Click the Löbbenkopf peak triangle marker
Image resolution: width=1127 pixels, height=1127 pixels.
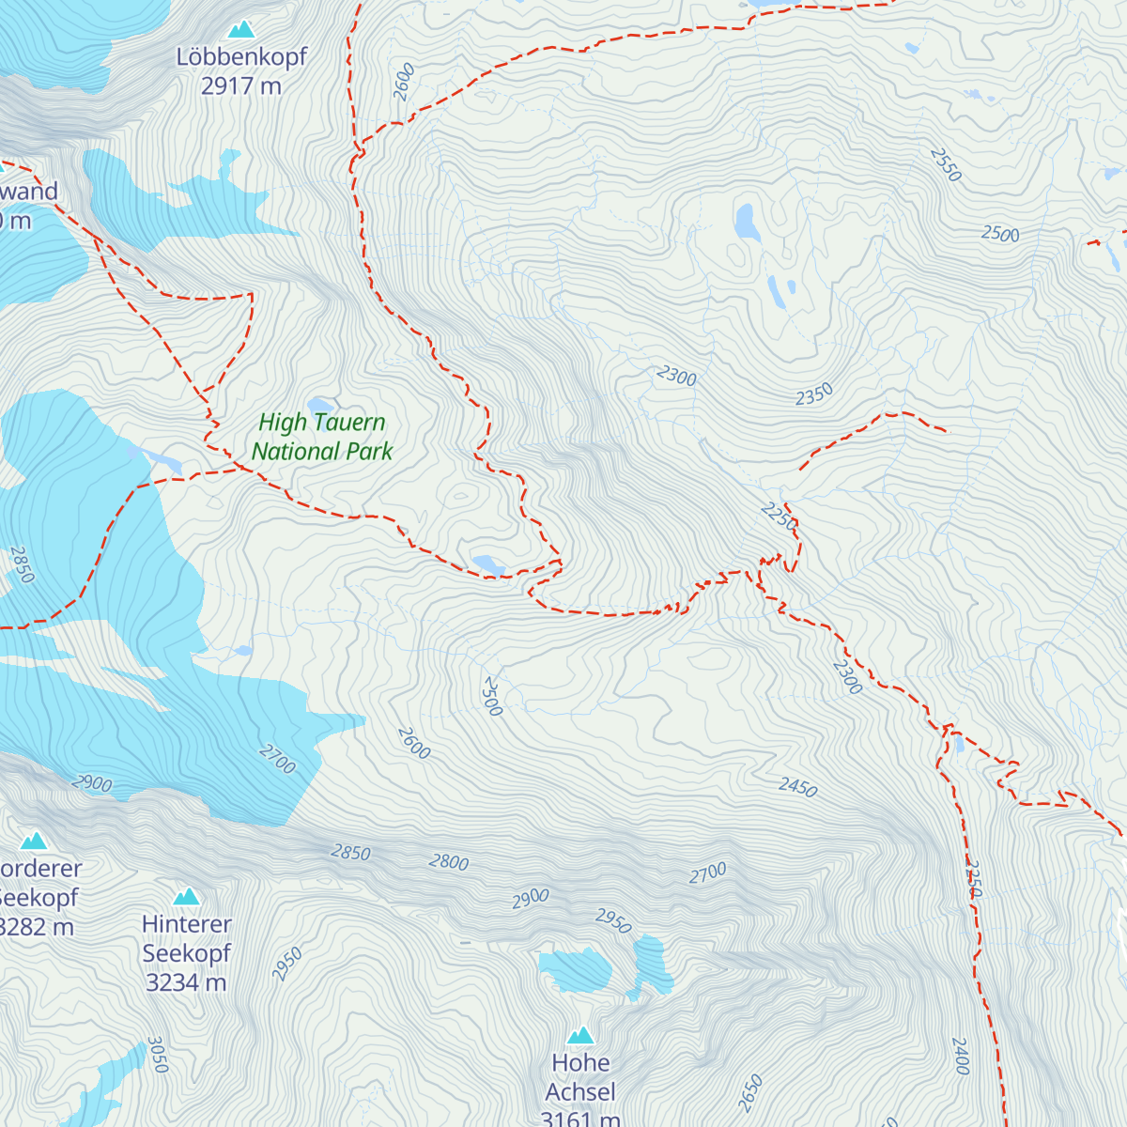241,30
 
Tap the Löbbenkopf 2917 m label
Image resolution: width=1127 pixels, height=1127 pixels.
241,71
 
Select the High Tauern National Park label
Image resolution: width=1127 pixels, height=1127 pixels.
322,437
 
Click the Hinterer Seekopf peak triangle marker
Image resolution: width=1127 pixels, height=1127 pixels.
186,897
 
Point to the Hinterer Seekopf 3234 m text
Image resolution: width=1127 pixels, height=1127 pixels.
186,953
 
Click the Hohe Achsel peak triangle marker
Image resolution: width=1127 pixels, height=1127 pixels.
580,1036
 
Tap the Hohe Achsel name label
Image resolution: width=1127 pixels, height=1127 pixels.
580,1077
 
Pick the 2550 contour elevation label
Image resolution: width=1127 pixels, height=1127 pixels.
946,165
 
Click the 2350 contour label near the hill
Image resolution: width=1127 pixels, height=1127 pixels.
814,394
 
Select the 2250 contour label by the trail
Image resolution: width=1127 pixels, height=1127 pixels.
779,516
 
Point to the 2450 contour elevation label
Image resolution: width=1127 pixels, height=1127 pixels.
797,787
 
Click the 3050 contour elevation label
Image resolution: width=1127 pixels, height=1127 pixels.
157,1055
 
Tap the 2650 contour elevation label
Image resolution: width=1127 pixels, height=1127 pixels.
749,1093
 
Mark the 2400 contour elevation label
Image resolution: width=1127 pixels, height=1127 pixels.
960,1056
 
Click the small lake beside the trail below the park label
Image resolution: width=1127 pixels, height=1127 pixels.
488,564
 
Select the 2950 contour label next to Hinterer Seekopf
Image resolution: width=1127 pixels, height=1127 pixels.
287,965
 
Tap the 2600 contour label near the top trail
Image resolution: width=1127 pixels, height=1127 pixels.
404,82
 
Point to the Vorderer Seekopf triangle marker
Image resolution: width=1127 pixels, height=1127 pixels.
34,841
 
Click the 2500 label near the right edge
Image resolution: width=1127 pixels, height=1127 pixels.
1000,234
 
